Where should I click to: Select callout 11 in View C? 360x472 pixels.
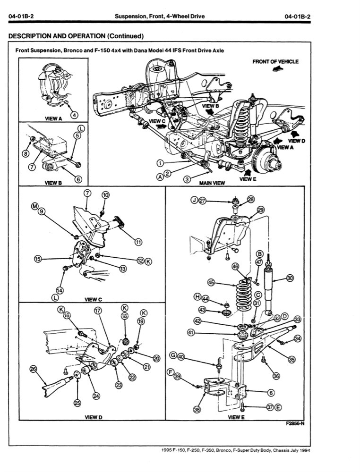(138, 242)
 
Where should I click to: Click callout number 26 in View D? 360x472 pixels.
(33, 369)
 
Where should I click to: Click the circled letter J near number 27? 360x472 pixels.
(193, 200)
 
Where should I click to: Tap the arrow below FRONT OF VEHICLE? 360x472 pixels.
(278, 69)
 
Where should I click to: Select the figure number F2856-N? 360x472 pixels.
(295, 424)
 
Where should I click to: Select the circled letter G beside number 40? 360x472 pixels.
(173, 355)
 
